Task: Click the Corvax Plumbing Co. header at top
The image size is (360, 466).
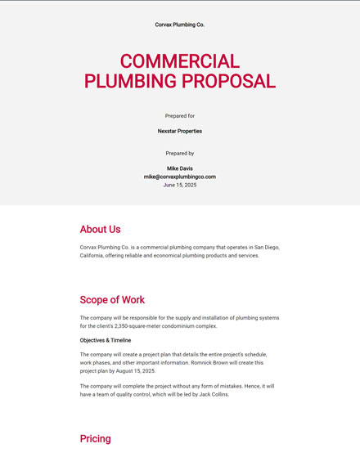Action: pyautogui.click(x=180, y=25)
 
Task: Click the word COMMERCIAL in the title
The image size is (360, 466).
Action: pyautogui.click(x=180, y=61)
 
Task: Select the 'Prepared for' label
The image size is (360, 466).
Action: pyautogui.click(x=180, y=116)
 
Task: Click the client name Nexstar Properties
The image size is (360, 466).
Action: pyautogui.click(x=180, y=131)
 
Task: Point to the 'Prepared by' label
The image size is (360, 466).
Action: pyautogui.click(x=180, y=153)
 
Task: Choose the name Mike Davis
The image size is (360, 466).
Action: pyautogui.click(x=180, y=168)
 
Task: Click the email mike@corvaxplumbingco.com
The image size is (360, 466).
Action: pyautogui.click(x=180, y=177)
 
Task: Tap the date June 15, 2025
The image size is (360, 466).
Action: pyautogui.click(x=180, y=185)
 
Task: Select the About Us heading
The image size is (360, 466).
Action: pyautogui.click(x=100, y=230)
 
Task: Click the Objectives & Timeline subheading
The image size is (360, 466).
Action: pyautogui.click(x=106, y=340)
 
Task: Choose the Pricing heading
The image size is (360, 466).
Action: pyautogui.click(x=95, y=439)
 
